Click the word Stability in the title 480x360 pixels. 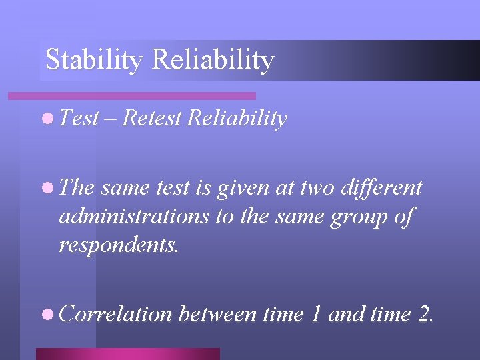tap(94, 60)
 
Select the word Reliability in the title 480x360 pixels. tap(213, 60)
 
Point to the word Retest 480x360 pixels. tap(152, 119)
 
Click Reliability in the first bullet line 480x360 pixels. tap(237, 119)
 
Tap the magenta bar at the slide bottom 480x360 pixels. tap(127, 354)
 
